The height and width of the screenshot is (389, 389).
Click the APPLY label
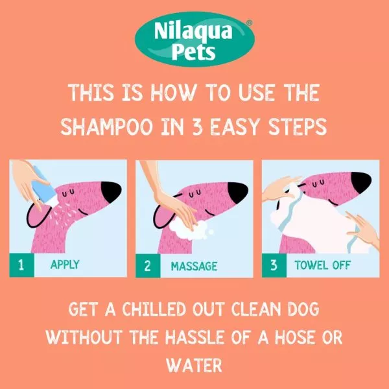click(65, 265)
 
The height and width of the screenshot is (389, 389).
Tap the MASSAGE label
click(194, 265)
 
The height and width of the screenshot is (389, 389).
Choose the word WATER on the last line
click(194, 364)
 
